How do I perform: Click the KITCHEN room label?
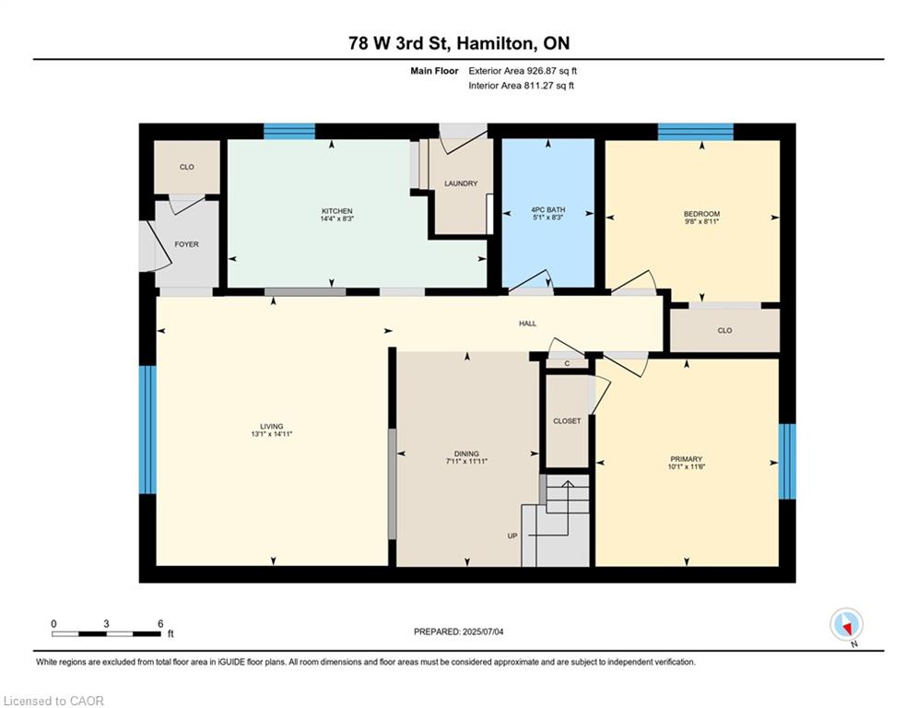pyautogui.click(x=337, y=210)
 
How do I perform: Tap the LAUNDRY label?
pyautogui.click(x=461, y=183)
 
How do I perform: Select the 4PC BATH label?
pyautogui.click(x=548, y=209)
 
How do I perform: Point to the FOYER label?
pyautogui.click(x=186, y=244)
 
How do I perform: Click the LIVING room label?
pyautogui.click(x=271, y=427)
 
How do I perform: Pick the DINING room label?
pyautogui.click(x=466, y=454)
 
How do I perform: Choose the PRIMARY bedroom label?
pyautogui.click(x=686, y=459)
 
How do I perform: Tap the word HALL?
pyautogui.click(x=527, y=323)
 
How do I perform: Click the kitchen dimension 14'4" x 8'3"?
pyautogui.click(x=337, y=218)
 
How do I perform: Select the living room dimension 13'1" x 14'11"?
pyautogui.click(x=271, y=434)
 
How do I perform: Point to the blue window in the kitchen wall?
pyautogui.click(x=288, y=131)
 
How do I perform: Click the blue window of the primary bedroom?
pyautogui.click(x=787, y=461)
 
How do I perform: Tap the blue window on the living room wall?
pyautogui.click(x=147, y=431)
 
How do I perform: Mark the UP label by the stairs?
pyautogui.click(x=512, y=536)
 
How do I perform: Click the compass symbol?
pyautogui.click(x=846, y=625)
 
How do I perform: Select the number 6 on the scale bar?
pyautogui.click(x=160, y=624)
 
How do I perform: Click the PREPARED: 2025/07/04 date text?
pyautogui.click(x=459, y=631)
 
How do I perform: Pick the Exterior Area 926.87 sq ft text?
pyautogui.click(x=523, y=71)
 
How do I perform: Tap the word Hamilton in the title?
pyautogui.click(x=495, y=43)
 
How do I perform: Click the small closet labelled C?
pyautogui.click(x=567, y=363)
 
